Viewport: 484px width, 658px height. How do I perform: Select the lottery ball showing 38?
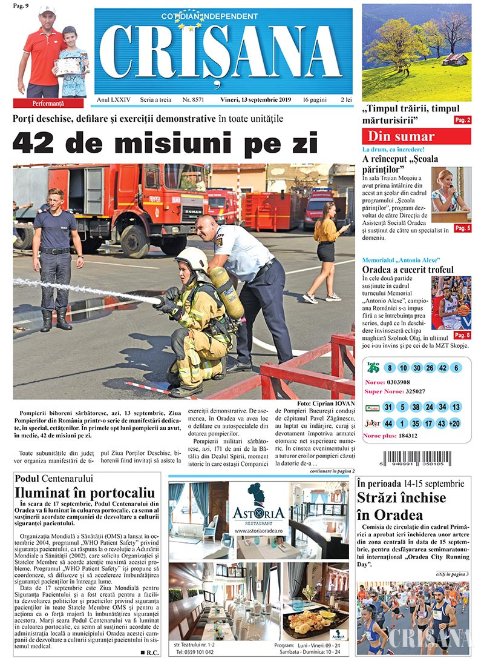415,407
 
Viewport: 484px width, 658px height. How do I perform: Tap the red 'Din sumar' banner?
416,136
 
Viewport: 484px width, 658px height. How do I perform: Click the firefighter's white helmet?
191,259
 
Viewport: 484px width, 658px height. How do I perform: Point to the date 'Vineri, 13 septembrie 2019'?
255,99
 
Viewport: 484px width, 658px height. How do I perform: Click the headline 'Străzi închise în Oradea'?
401,507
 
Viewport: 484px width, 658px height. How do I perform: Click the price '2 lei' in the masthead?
347,99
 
